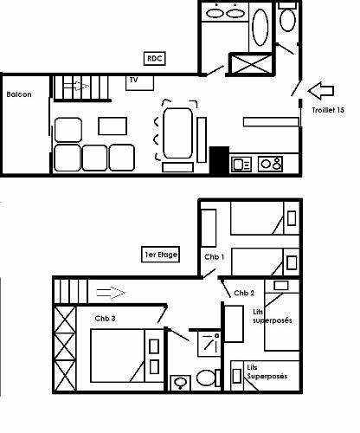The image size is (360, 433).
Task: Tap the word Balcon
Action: (18, 94)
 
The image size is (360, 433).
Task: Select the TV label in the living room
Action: (134, 81)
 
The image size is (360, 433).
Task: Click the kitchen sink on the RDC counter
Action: (241, 162)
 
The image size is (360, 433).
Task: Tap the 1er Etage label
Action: (161, 255)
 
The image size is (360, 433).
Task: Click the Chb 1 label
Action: (214, 257)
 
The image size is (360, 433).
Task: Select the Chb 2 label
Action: (243, 293)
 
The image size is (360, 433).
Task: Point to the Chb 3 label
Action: (106, 318)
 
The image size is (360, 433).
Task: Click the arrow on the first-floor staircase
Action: (111, 291)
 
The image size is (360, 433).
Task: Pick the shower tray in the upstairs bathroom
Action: (208, 344)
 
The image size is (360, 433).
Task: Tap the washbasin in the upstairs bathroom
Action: (181, 382)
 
